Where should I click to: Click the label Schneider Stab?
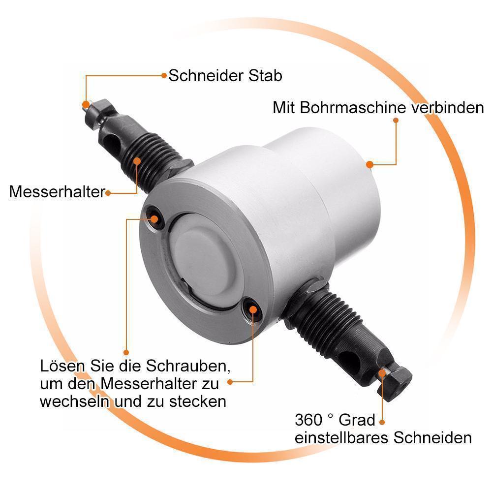pos(225,76)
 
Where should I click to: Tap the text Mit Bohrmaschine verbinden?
pos(378,108)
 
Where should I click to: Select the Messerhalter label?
pos(57,192)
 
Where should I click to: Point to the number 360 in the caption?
pos(308,420)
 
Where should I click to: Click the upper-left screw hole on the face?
pos(154,217)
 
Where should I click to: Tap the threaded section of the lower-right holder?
pos(332,321)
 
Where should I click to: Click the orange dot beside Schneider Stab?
pos(164,75)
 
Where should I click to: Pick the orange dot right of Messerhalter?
pos(108,193)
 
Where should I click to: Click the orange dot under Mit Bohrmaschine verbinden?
pos(396,120)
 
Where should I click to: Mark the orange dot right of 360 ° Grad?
pos(382,422)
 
